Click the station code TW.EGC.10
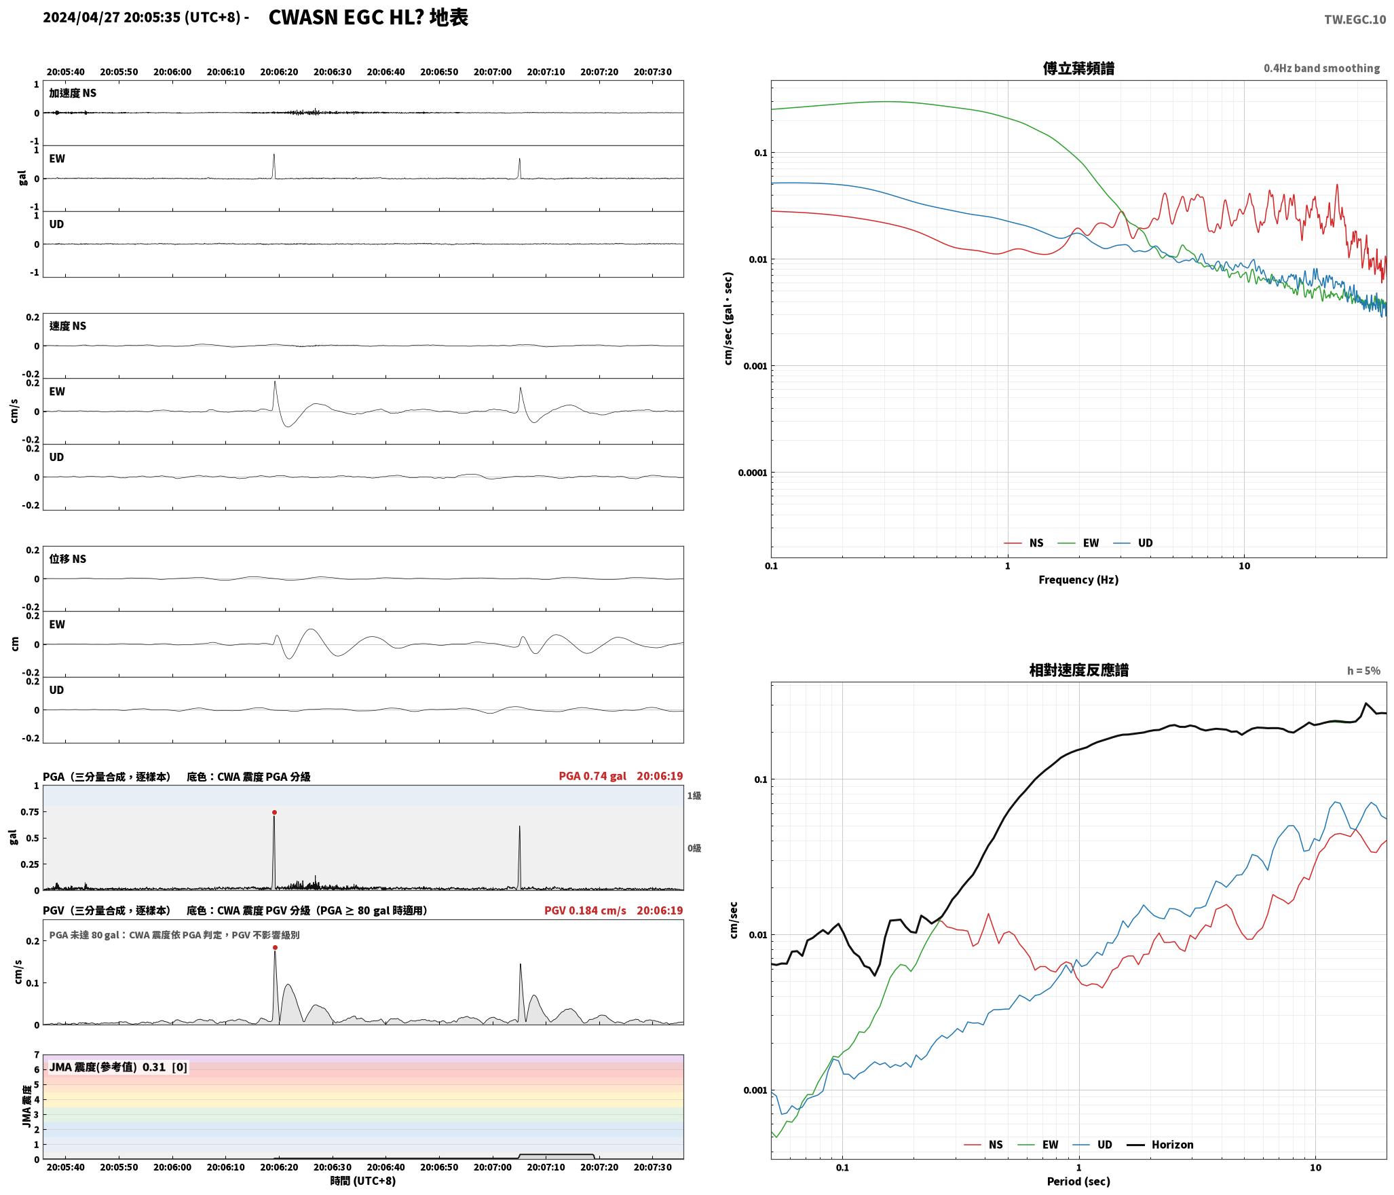[x=1355, y=20]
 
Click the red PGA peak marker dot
[x=274, y=812]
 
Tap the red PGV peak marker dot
[x=275, y=947]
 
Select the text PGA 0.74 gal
[x=592, y=776]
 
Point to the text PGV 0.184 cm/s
[x=585, y=911]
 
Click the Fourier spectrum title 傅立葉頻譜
[x=1078, y=69]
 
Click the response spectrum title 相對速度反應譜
[x=1078, y=670]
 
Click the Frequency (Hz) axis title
[x=1078, y=580]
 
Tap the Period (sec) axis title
[x=1078, y=1181]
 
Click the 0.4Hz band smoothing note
[x=1321, y=69]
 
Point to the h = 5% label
[x=1363, y=671]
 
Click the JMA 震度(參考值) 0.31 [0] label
[x=118, y=1067]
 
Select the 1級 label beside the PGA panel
[x=694, y=796]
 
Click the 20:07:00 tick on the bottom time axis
[x=492, y=1167]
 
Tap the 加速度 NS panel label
[x=73, y=93]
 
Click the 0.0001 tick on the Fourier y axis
[x=752, y=473]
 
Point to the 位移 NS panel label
[x=68, y=559]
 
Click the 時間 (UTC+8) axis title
[x=363, y=1181]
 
